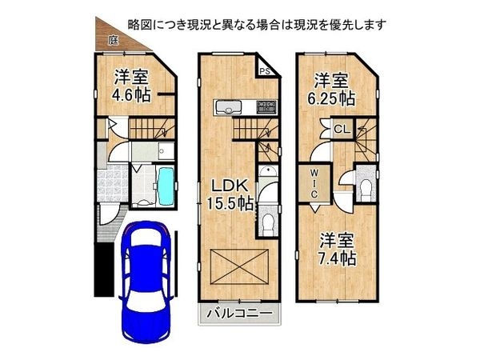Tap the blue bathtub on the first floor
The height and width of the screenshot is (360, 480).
[166, 185]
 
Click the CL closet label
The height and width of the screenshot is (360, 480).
[339, 129]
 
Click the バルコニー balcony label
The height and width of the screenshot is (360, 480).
[240, 313]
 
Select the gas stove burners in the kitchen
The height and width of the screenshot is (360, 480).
[264, 107]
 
